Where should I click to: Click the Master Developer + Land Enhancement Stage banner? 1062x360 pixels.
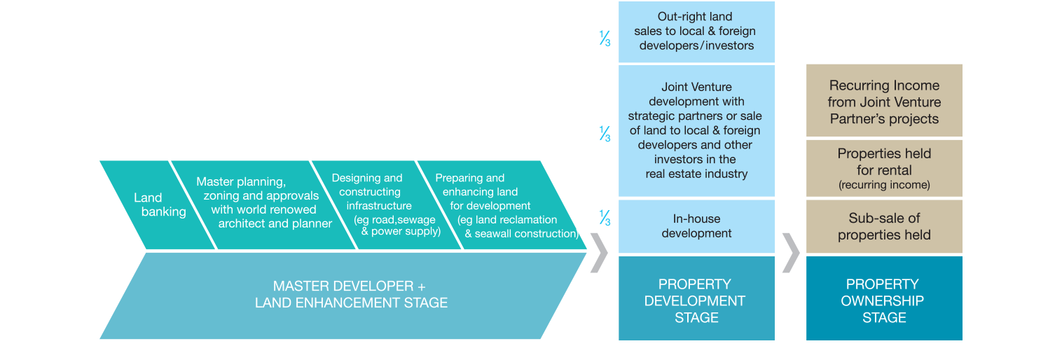click(350, 295)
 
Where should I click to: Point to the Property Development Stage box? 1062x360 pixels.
click(696, 300)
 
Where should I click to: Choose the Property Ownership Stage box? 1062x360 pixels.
click(884, 300)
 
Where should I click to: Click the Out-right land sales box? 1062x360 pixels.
click(696, 32)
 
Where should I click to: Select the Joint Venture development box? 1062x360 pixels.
click(696, 130)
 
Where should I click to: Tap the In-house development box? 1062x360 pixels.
click(696, 226)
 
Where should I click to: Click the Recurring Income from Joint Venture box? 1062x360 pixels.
click(884, 102)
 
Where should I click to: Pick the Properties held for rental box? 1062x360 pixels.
click(884, 169)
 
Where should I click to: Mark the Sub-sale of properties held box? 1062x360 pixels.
click(884, 227)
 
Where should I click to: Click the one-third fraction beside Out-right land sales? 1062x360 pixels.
click(605, 39)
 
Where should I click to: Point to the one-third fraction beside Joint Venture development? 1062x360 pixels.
click(605, 133)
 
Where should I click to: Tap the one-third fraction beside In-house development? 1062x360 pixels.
click(605, 219)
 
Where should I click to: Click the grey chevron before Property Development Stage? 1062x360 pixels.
click(600, 253)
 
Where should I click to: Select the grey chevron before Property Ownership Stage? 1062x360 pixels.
click(790, 253)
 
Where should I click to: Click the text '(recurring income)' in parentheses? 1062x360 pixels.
click(884, 186)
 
